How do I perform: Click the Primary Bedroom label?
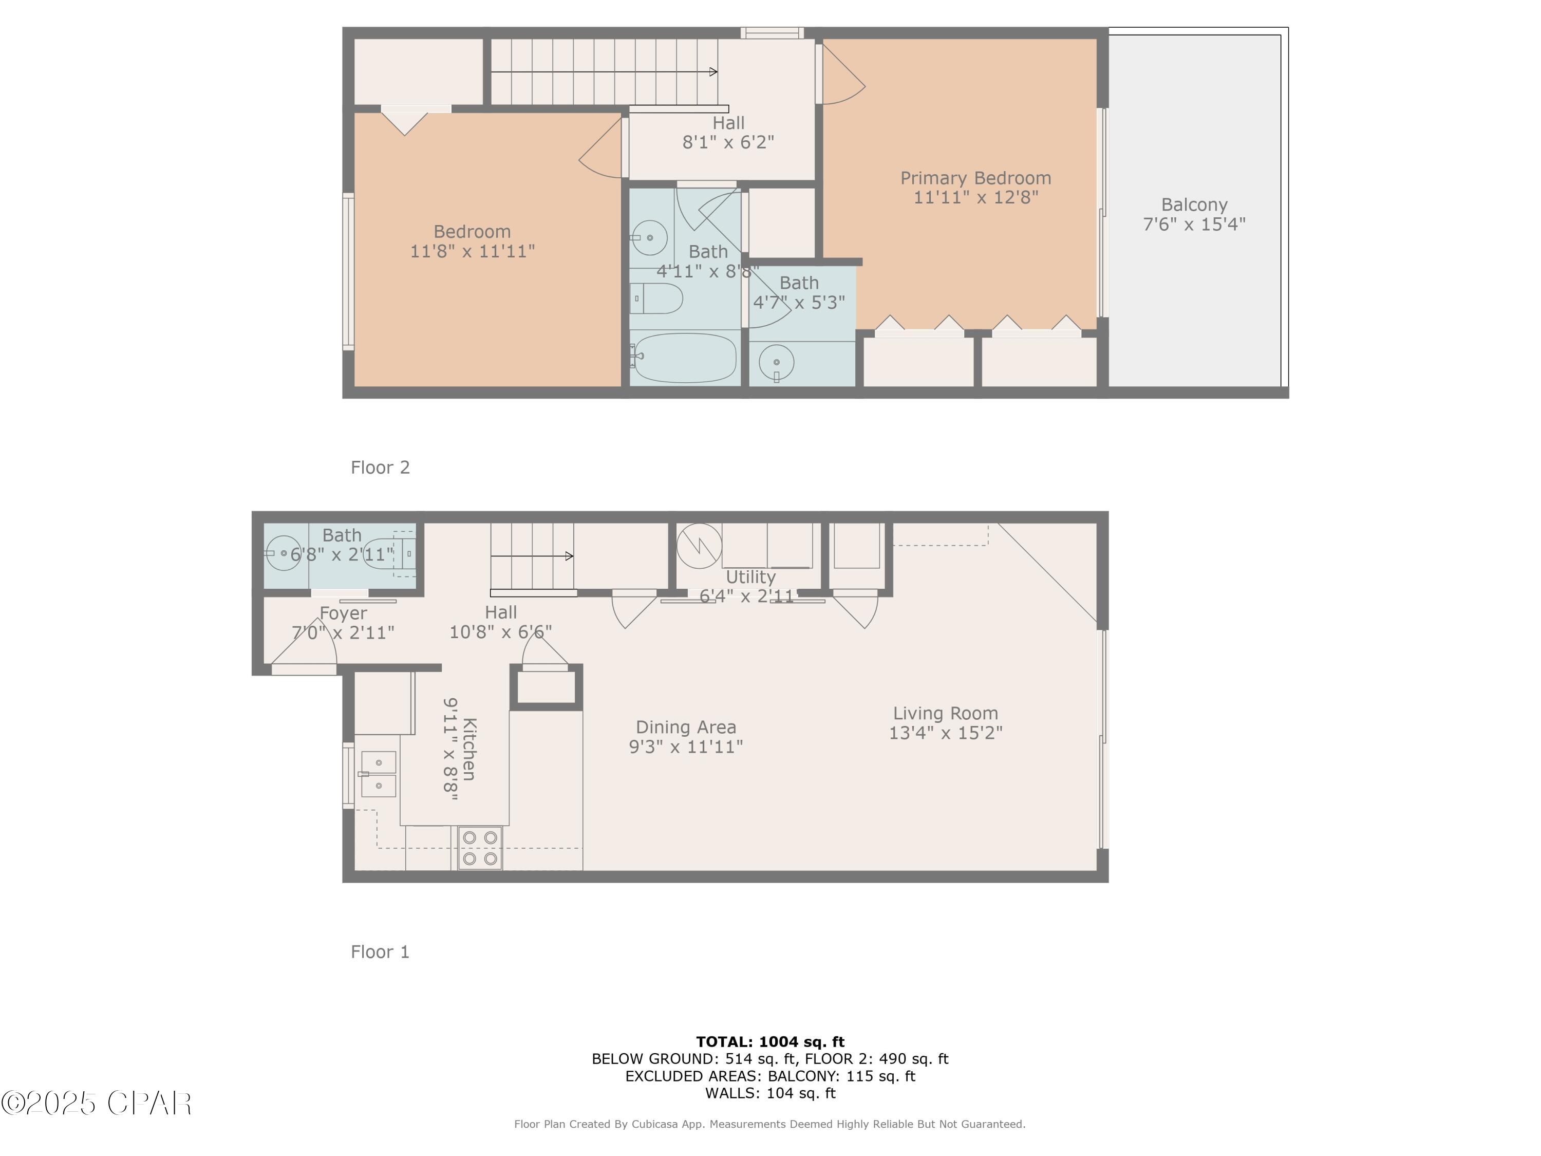975,178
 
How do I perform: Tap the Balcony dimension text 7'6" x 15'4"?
1194,225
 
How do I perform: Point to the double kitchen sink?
378,774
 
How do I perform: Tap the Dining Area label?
686,728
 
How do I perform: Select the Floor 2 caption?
381,468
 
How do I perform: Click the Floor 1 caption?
381,952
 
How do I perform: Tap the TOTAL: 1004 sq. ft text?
770,1042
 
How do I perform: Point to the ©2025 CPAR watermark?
96,1103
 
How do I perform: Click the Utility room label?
750,577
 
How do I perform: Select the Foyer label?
343,613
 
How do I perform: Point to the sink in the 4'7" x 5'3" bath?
776,362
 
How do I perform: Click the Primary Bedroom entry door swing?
843,77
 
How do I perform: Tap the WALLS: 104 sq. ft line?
770,1093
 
